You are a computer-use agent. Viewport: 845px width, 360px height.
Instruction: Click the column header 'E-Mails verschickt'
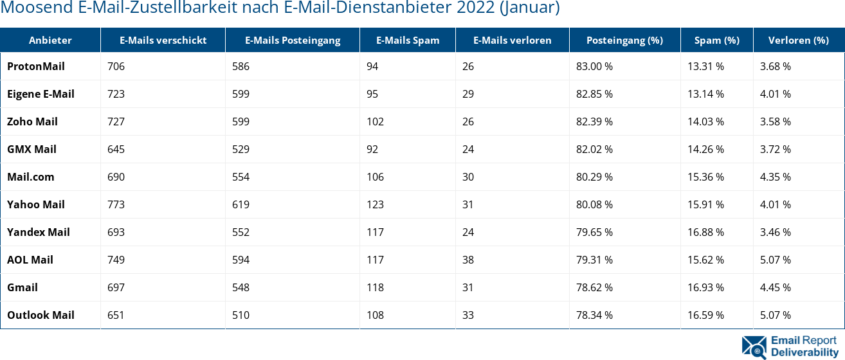tap(163, 40)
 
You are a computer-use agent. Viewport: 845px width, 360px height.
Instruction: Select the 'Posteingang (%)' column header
tap(624, 40)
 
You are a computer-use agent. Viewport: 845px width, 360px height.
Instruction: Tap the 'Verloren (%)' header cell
tap(798, 40)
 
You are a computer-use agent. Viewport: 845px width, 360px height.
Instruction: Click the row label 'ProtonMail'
tap(36, 66)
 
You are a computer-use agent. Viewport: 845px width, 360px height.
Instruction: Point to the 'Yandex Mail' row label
tap(39, 232)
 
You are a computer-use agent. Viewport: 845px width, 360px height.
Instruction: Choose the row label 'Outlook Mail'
tap(41, 315)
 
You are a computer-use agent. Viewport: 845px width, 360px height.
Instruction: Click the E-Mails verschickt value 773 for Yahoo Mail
tap(116, 204)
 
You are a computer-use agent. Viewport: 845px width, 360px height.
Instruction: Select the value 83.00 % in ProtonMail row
tap(594, 66)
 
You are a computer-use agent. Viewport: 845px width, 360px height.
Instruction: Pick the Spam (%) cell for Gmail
tap(705, 287)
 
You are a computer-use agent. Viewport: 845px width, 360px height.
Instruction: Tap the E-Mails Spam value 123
tap(375, 204)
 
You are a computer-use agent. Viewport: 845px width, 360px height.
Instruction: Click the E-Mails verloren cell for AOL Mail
tap(468, 260)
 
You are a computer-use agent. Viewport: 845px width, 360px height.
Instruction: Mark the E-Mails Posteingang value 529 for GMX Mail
tap(241, 149)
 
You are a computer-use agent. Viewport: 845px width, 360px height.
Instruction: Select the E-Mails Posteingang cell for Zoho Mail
tap(241, 122)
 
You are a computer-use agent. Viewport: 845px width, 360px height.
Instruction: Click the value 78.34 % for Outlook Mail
tap(594, 315)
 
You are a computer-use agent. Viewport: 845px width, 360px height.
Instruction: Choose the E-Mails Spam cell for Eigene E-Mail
tap(372, 94)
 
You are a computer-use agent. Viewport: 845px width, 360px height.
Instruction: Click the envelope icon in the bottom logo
tap(754, 346)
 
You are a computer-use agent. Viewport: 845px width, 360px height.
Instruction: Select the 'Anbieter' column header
tap(50, 40)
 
